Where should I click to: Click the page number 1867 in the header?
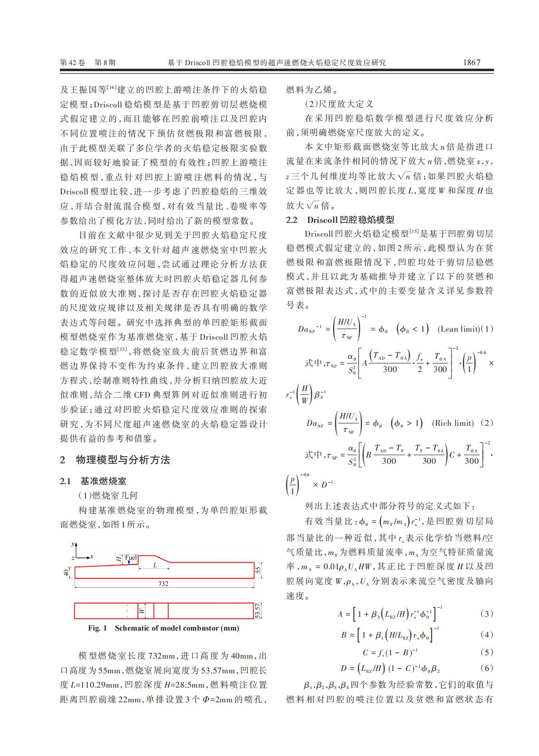[x=472, y=62]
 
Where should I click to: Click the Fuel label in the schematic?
[x=130, y=557]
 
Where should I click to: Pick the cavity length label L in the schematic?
[x=155, y=565]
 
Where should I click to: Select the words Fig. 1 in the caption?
[x=97, y=628]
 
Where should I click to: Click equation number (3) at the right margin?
[x=487, y=614]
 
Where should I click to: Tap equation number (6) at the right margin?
[x=487, y=668]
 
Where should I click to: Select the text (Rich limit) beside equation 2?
[x=452, y=423]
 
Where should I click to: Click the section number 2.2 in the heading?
[x=292, y=220]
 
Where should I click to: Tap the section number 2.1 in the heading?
[x=66, y=481]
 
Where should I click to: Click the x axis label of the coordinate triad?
[x=92, y=556]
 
